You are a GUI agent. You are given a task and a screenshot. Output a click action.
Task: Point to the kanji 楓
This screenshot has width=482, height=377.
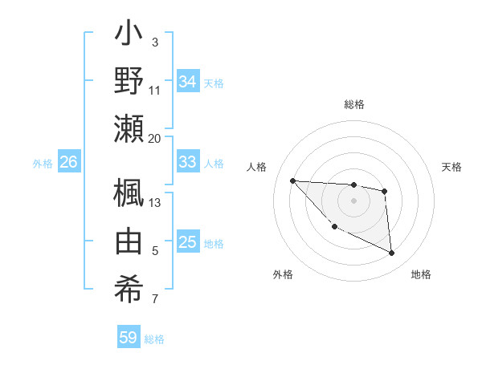coord(129,193)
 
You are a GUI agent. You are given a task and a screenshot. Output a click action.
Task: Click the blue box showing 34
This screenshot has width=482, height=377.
coord(187,82)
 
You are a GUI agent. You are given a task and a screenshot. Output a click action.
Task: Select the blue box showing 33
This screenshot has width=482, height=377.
coord(187,162)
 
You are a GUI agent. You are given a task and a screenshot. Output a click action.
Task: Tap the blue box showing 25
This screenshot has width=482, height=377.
coord(187,242)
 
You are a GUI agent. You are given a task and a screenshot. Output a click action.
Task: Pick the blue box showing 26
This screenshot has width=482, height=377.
coord(68,162)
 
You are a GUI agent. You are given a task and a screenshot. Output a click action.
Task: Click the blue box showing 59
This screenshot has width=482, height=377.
coord(129,338)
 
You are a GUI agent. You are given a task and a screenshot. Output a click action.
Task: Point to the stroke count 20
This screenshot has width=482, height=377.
coord(155,138)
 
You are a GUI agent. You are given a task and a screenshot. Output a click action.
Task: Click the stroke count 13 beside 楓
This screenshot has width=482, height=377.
coord(155,202)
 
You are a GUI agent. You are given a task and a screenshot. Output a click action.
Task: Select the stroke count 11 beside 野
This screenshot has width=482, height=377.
coord(155,90)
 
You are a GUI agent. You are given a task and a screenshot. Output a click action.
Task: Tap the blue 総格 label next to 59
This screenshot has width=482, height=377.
coord(155,339)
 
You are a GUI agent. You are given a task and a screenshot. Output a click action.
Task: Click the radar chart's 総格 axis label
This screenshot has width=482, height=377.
coord(354,104)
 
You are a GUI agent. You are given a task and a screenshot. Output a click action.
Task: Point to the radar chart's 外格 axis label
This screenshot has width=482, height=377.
coord(283,274)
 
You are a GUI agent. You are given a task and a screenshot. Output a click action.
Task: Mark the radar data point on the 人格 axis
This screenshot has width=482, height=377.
coord(292,180)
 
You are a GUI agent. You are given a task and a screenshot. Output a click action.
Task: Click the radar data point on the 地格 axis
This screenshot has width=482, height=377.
coord(392,253)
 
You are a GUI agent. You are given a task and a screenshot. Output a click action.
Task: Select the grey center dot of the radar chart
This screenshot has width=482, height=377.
coord(353,200)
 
